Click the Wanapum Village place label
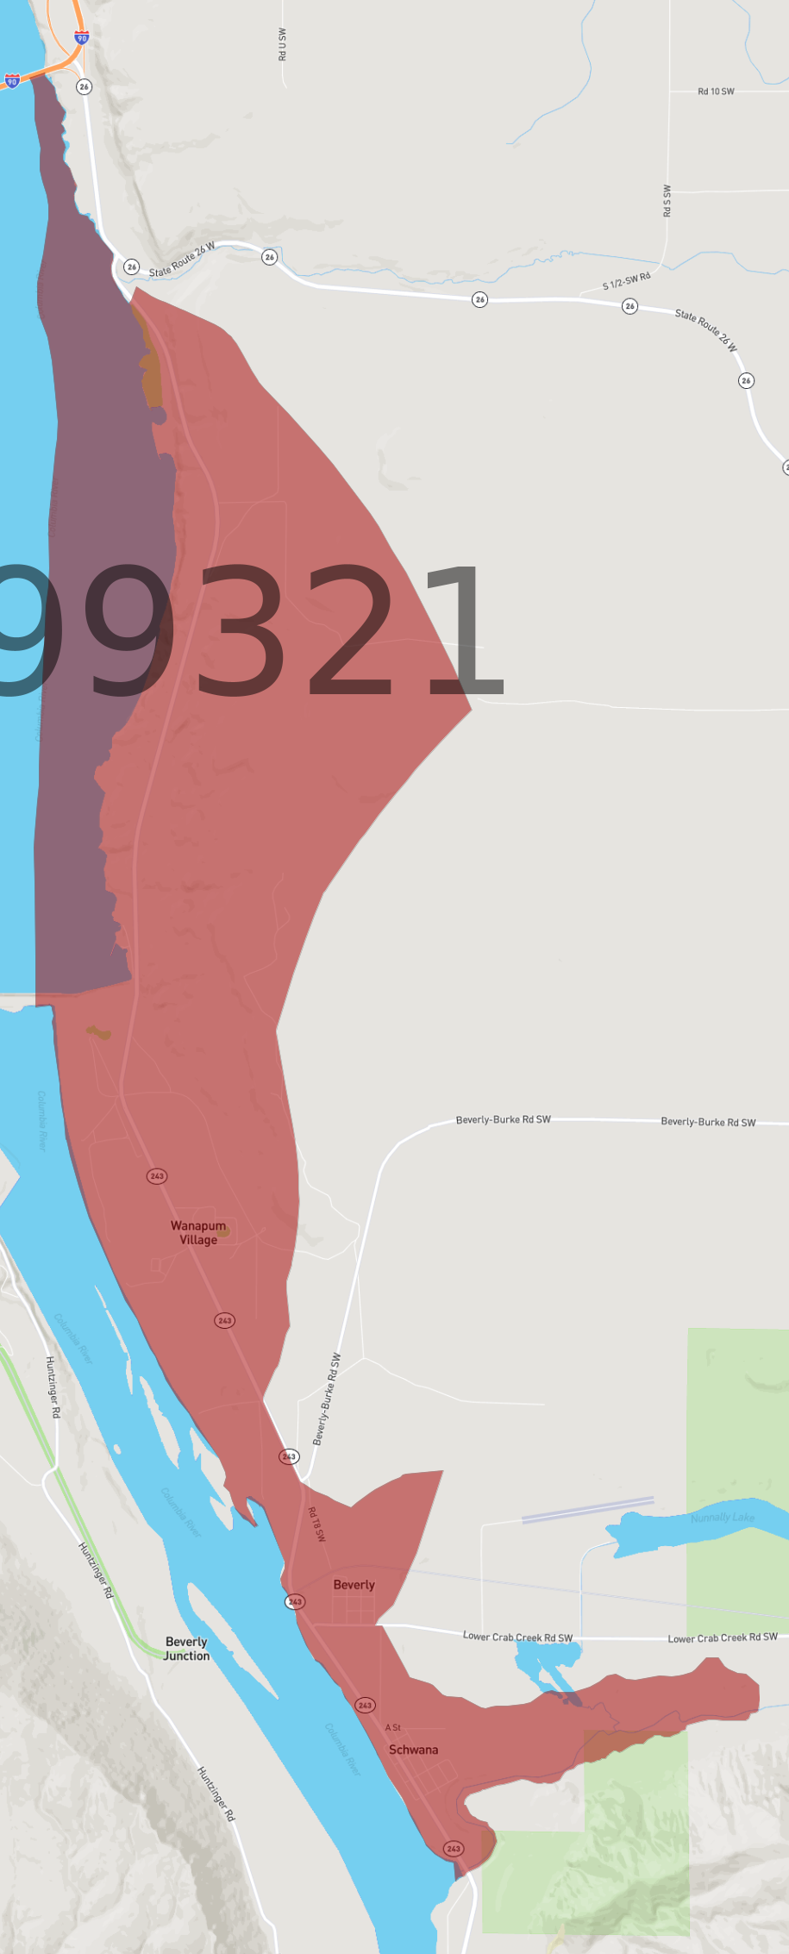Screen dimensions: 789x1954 pos(198,1232)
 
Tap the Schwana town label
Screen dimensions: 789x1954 pos(413,1750)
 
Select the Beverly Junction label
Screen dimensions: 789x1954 pos(186,1649)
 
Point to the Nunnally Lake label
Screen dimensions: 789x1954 pos(723,1518)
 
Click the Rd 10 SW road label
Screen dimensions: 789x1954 pos(716,91)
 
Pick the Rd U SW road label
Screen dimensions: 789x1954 pos(282,44)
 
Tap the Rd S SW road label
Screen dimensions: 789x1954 pos(667,200)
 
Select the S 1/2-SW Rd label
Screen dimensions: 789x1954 pos(626,281)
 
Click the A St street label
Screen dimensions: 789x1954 pos(392,1727)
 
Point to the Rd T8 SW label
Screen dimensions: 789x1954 pos(316,1524)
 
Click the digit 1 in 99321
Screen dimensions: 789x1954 pos(463,631)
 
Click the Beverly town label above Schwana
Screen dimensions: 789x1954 pos(354,1585)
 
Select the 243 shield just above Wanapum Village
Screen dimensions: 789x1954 pos(157,1176)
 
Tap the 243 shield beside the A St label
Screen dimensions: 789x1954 pos(365,1705)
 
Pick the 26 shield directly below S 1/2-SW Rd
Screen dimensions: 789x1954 pos(630,306)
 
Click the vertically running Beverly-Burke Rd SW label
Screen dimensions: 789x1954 pos(326,1399)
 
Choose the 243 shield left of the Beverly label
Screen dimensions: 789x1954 pos(295,1601)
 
